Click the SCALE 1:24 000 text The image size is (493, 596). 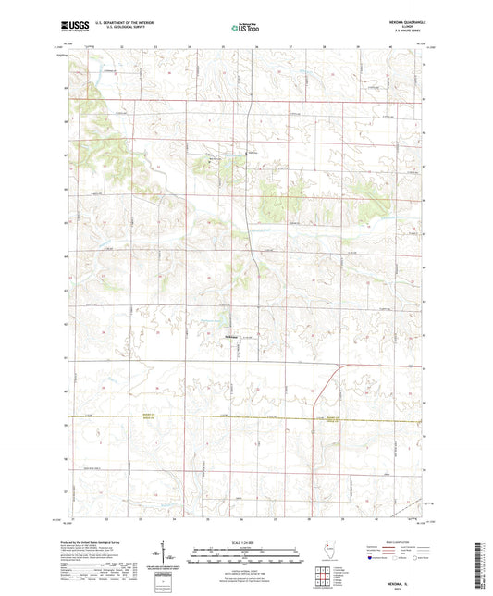pos(245,542)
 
